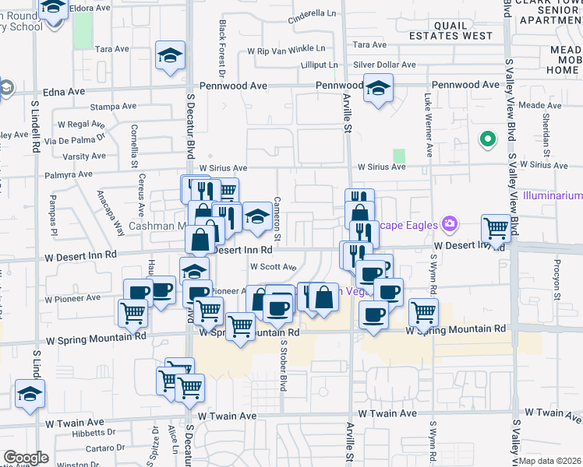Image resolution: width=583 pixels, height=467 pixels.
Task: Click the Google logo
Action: [26, 458]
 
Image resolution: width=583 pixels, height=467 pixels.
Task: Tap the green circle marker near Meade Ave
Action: [488, 139]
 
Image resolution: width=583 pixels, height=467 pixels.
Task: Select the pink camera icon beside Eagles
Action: [449, 225]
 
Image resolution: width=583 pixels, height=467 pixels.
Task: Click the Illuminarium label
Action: [553, 195]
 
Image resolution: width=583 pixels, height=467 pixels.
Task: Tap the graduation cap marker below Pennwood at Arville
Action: [379, 90]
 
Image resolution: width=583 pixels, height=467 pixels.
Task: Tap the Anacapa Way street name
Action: [109, 212]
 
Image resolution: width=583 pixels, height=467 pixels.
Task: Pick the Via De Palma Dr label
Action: [74, 140]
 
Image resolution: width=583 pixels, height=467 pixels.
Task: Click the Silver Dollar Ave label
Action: [381, 65]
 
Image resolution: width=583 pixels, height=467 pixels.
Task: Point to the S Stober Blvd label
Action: [284, 361]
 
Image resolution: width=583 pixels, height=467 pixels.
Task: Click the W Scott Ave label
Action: [273, 267]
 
